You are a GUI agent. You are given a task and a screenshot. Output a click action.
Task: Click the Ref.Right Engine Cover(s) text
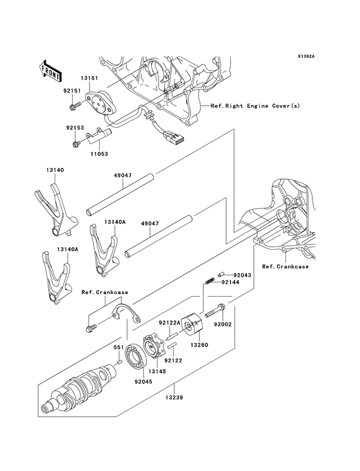coord(255,106)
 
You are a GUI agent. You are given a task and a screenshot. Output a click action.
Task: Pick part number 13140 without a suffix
coord(55,170)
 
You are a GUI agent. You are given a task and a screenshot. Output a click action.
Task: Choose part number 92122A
coord(171,323)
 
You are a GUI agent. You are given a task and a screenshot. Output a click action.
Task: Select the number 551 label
coord(118,347)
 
